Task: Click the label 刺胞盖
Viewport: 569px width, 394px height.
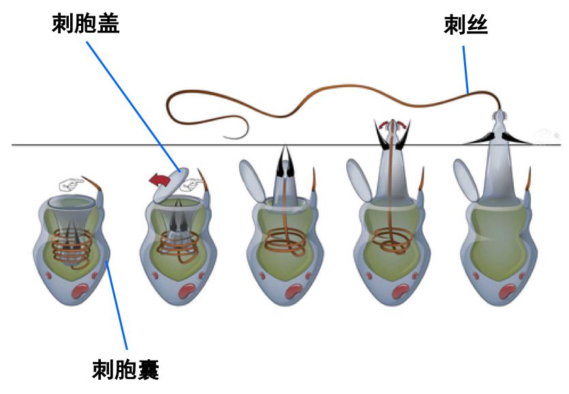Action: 86,25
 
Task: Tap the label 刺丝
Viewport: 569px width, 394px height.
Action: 465,27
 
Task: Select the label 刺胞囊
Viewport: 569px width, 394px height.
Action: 125,370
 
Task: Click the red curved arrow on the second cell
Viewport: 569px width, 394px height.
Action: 159,180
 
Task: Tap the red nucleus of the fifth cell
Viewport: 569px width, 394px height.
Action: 507,292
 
